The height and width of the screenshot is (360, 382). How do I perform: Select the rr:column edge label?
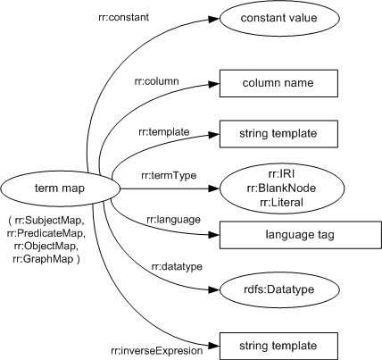pyautogui.click(x=159, y=81)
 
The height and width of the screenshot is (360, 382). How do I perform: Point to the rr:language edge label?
pyautogui.click(x=147, y=220)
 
